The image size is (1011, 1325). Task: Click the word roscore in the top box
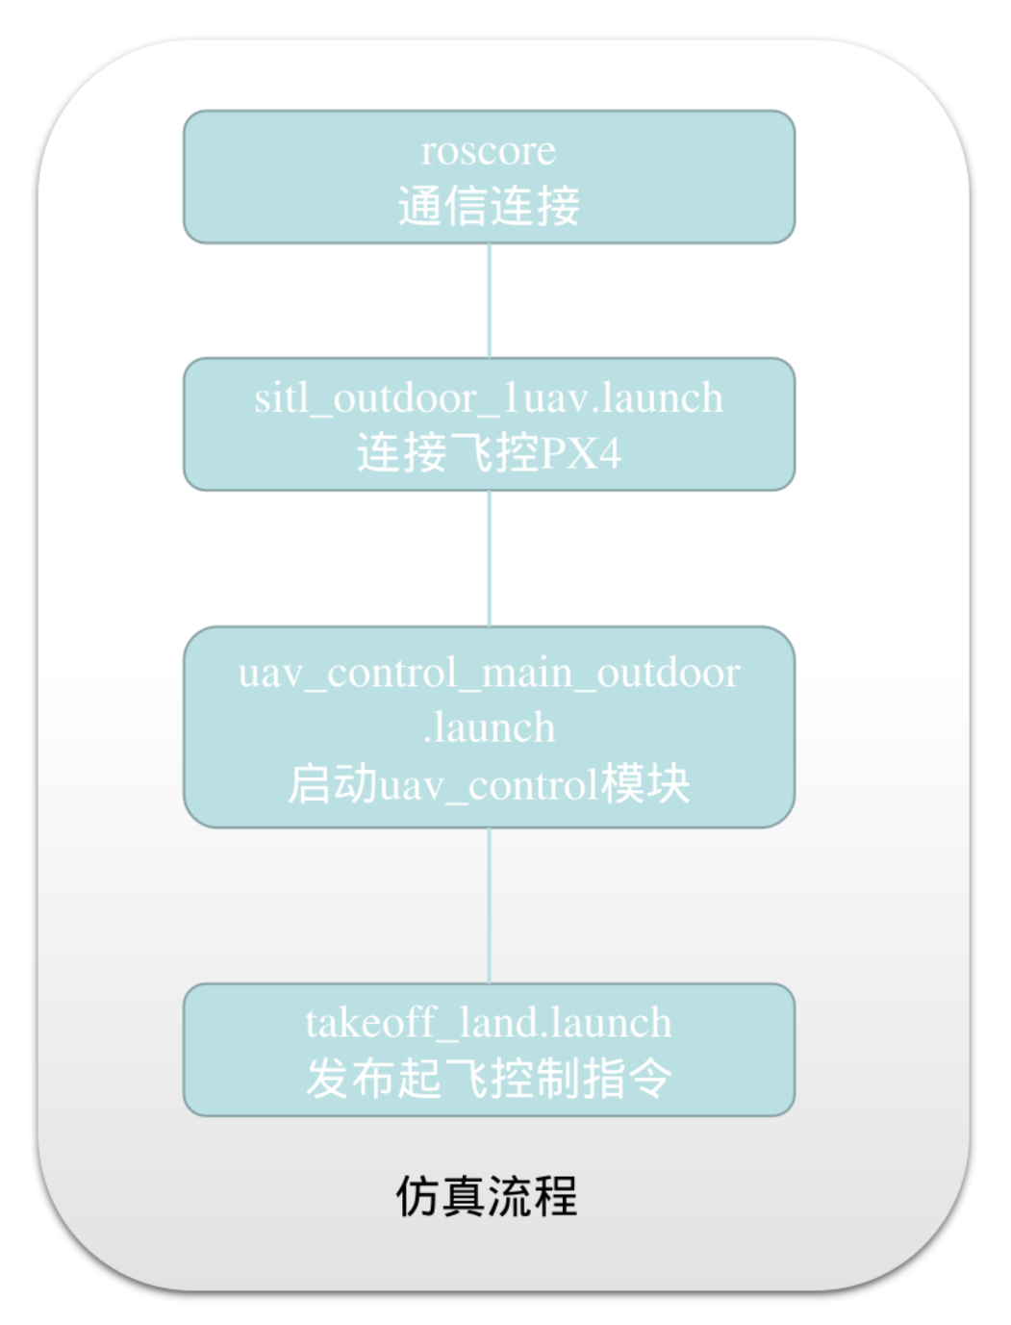point(489,151)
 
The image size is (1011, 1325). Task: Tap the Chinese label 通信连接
point(489,206)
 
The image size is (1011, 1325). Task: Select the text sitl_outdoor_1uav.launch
point(489,398)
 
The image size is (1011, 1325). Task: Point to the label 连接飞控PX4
point(489,452)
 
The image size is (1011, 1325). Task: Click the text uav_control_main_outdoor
point(489,673)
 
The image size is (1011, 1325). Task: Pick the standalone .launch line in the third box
point(489,728)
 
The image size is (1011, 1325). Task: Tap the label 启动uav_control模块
point(489,785)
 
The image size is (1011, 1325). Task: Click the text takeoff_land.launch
point(489,1023)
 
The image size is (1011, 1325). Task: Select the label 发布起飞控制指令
point(489,1079)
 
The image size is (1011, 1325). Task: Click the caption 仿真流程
point(487,1196)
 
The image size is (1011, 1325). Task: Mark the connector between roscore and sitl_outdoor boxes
point(489,300)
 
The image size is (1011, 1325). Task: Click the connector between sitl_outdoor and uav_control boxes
point(489,558)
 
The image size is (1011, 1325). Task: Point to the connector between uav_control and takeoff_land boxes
point(489,905)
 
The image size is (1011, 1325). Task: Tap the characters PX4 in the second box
point(581,453)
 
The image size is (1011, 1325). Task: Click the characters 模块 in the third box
point(645,784)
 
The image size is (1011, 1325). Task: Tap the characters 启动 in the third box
point(333,784)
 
